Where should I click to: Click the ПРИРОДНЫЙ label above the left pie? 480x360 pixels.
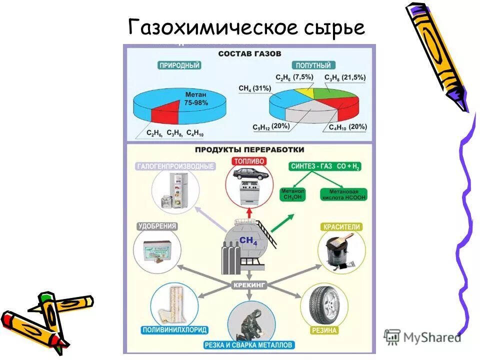tap(179, 65)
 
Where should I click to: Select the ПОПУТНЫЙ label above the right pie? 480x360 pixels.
tap(313, 65)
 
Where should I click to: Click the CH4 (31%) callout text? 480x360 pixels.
tap(254, 88)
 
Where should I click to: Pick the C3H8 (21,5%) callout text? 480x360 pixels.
tap(345, 77)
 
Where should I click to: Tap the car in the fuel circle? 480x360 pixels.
tap(248, 174)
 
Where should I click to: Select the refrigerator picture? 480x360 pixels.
tap(173, 191)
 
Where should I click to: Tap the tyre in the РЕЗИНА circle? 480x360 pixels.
tap(323, 306)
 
